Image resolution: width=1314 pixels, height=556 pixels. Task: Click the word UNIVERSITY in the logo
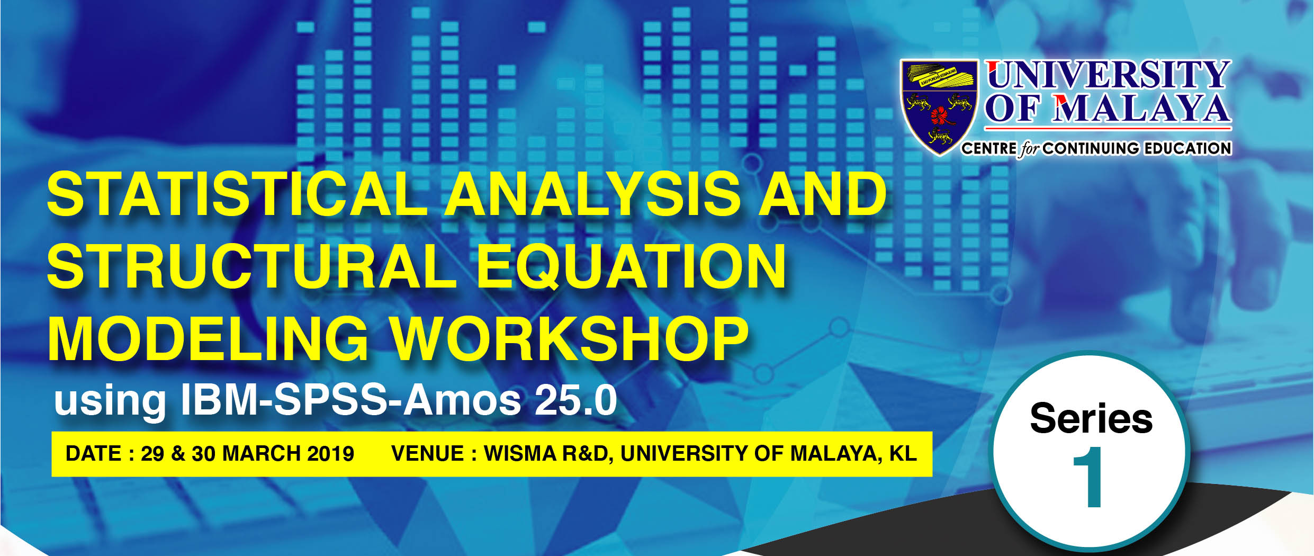[1109, 75]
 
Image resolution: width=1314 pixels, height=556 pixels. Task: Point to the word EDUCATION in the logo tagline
[1187, 148]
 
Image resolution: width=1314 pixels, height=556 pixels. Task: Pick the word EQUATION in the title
[631, 267]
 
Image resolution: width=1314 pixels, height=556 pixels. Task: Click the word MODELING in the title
[208, 339]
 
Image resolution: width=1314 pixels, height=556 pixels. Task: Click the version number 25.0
[575, 400]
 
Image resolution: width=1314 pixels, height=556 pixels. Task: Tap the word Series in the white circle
[1091, 418]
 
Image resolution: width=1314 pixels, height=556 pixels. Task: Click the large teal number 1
[1088, 477]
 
